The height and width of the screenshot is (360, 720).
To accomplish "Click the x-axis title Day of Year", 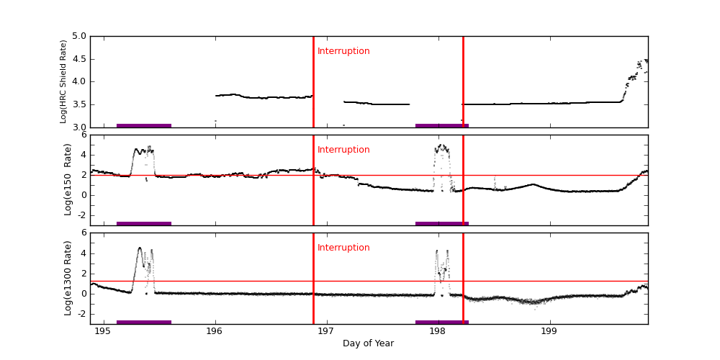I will coord(368,343).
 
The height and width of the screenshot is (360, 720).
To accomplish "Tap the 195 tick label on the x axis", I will coord(102,331).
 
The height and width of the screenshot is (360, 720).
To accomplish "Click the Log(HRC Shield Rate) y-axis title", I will coord(63,81).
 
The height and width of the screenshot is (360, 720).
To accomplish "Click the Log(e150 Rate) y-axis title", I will coord(68,179).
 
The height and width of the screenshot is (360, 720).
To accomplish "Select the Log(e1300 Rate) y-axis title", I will coord(68,278).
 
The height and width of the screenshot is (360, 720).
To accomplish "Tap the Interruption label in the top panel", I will coord(343,51).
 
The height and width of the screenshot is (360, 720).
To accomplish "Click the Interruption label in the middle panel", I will coord(343,150).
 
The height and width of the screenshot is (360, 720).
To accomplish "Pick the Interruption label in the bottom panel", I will coord(343,248).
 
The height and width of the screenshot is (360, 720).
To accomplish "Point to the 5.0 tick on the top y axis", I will coord(78,36).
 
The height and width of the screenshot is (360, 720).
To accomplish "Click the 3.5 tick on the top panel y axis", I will coord(78,104).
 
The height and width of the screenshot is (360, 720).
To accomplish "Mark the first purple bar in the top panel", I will coord(144,125).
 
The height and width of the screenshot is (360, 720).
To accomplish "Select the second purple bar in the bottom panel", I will coord(442,322).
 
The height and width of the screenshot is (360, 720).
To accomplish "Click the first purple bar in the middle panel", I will coord(144,223).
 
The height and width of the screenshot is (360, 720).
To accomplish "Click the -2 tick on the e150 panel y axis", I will coord(81,215).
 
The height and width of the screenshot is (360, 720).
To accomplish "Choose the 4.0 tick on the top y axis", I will coord(78,81).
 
